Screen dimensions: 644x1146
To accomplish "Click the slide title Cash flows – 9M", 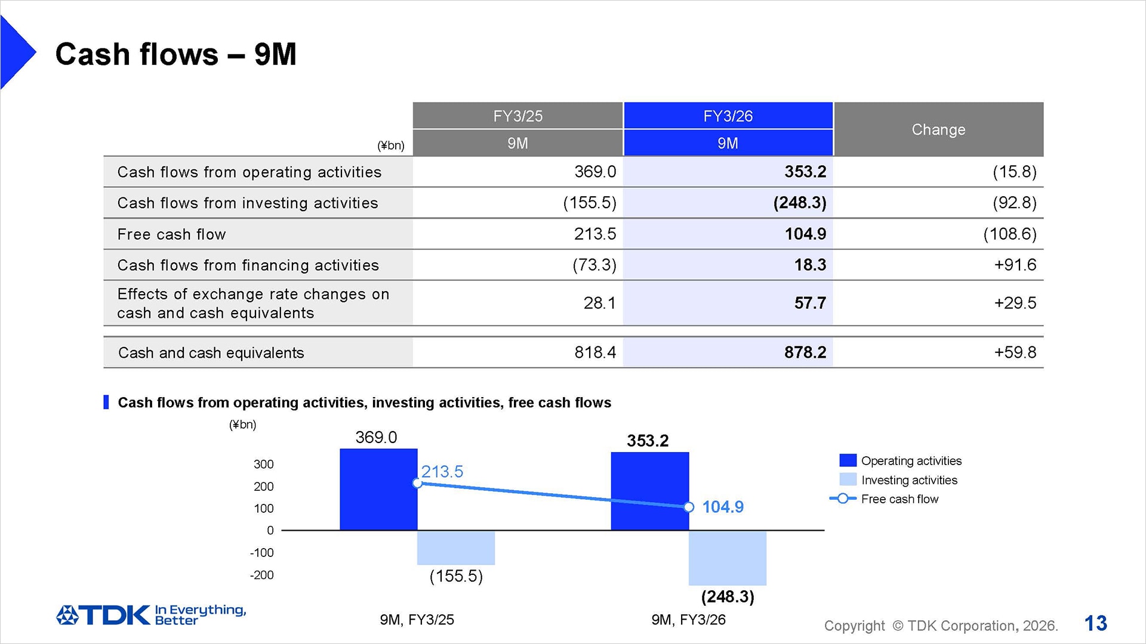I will coord(175,54).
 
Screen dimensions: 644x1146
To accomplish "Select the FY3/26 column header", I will coord(728,116).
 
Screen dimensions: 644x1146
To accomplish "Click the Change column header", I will coord(938,129).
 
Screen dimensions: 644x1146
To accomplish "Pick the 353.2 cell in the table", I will coord(805,172).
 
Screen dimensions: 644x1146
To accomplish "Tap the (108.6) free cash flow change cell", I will coord(1009,234).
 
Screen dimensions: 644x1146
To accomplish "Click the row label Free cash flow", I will coord(172,234).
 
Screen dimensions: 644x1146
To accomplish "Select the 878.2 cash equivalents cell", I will coord(805,352).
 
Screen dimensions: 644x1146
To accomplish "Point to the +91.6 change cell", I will coord(1015,265).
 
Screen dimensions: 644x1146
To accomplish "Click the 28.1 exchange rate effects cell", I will coord(599,303).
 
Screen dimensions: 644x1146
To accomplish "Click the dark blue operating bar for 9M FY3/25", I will coord(378,489).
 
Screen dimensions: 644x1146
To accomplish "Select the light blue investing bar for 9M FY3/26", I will coord(727,558).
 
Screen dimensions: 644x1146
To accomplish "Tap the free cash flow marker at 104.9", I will coord(689,507).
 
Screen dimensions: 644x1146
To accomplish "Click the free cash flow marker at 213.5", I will coord(418,483).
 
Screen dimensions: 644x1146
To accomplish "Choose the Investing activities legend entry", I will coord(908,480).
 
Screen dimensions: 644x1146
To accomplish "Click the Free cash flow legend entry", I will coord(899,499).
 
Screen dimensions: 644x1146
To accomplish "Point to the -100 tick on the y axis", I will coord(261,553).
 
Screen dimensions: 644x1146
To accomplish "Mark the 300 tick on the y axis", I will coord(263,464).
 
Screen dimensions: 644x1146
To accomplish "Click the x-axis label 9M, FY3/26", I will coord(688,620).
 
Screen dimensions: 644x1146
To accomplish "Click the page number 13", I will coord(1095,624).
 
